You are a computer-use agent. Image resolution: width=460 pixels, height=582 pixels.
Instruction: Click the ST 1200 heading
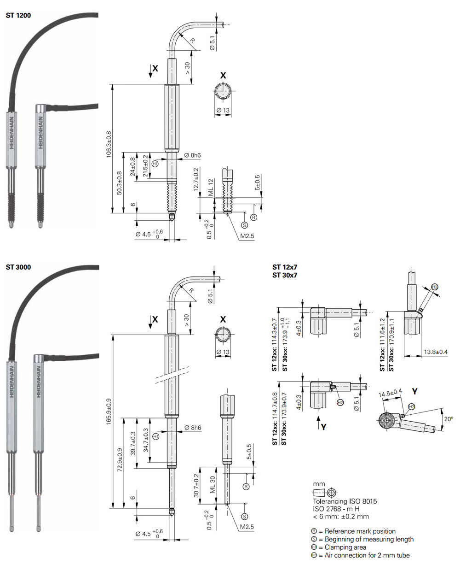[x=18, y=15]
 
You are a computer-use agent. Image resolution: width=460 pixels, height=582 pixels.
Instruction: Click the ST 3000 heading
[x=18, y=267]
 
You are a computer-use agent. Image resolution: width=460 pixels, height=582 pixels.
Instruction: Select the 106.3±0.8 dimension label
[x=109, y=145]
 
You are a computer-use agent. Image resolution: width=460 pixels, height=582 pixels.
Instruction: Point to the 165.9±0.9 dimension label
[x=109, y=412]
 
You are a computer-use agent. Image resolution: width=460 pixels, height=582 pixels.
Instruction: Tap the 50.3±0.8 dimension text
[x=119, y=183]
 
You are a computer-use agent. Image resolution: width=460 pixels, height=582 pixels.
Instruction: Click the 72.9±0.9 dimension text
[x=120, y=460]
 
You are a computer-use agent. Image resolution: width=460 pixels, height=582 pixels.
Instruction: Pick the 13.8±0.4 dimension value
[x=436, y=352]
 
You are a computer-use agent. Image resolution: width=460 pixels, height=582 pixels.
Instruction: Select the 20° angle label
[x=448, y=419]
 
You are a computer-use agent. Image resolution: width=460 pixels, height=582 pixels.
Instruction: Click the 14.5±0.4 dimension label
[x=390, y=393]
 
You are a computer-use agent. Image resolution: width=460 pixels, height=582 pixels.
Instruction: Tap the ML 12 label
[x=211, y=187]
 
